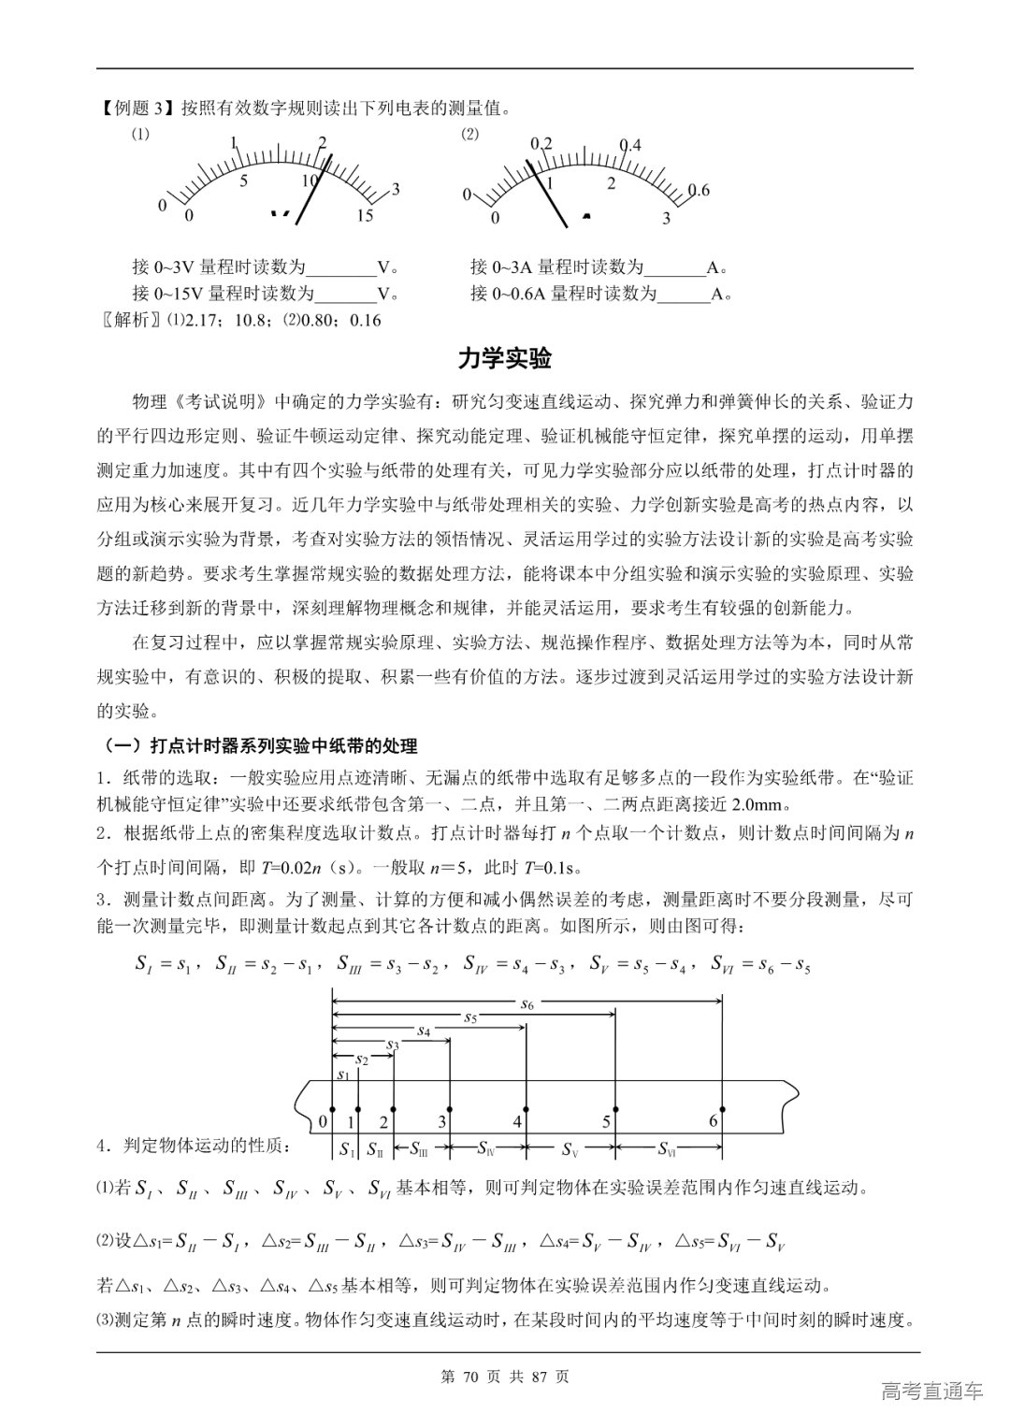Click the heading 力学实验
[x=504, y=358]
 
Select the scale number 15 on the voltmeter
[x=365, y=216]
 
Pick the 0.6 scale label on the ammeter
[x=698, y=191]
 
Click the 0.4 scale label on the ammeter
[x=630, y=145]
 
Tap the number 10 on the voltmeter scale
[x=310, y=180]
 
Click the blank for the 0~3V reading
[x=341, y=267]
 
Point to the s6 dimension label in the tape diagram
[x=527, y=1004]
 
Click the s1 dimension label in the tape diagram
[x=342, y=1075]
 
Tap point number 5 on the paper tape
[x=606, y=1121]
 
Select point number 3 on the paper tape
[x=441, y=1121]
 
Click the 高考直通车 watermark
[x=932, y=1392]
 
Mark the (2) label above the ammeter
[x=469, y=134]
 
